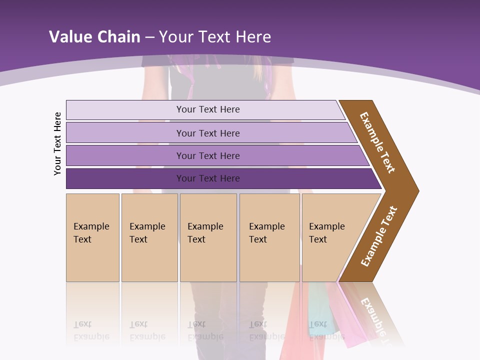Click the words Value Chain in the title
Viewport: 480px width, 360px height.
[x=94, y=37]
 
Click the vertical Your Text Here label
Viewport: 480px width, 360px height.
[x=57, y=143]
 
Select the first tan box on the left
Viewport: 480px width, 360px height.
[x=92, y=237]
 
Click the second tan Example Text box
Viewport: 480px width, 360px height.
[x=149, y=237]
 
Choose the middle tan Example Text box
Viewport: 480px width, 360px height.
[x=208, y=237]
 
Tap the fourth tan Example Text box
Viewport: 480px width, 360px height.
[x=269, y=237]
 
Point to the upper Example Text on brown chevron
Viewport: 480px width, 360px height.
[x=377, y=142]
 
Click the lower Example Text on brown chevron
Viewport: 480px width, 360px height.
[x=379, y=236]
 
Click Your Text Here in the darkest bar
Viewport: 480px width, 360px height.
[x=208, y=178]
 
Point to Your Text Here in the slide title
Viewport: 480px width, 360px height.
[x=215, y=37]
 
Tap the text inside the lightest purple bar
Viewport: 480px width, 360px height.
[x=208, y=109]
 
